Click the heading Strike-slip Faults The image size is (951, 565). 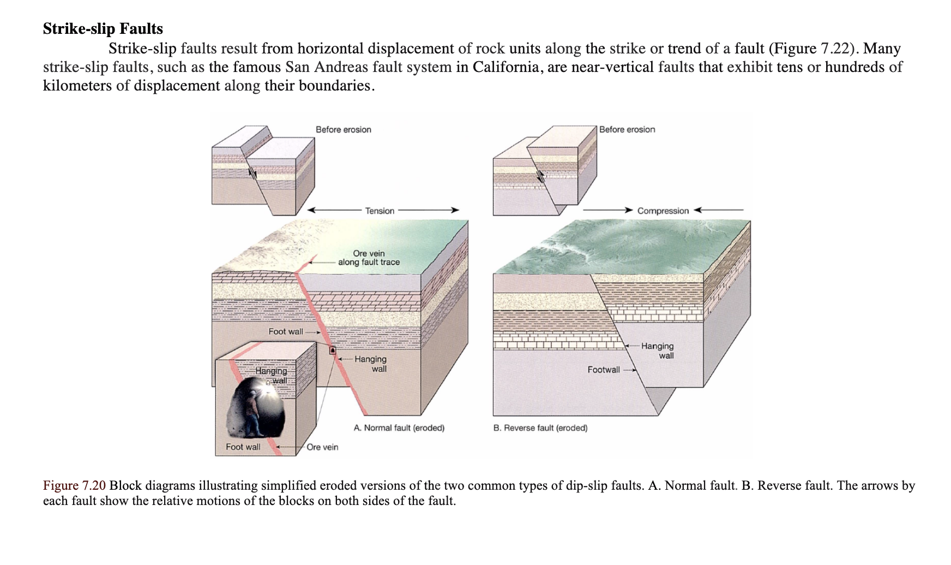[x=103, y=28]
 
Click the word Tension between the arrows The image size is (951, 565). [x=380, y=211]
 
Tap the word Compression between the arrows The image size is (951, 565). [x=663, y=211]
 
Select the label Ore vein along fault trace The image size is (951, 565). [x=369, y=258]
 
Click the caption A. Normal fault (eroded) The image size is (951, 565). [x=399, y=428]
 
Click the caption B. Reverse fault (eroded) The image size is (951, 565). [x=540, y=428]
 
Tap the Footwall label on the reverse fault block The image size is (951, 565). [x=603, y=370]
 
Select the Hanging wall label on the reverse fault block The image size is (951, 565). [x=658, y=351]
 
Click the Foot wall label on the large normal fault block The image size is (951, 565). [x=286, y=332]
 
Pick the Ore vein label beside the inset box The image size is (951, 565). [x=322, y=447]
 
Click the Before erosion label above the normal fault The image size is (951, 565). [x=344, y=130]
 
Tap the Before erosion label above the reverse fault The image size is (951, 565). [x=627, y=130]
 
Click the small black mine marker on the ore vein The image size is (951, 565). [x=332, y=350]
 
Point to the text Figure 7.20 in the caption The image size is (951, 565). [x=74, y=486]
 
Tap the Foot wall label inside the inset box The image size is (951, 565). [x=243, y=447]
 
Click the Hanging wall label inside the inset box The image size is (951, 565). [x=272, y=375]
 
